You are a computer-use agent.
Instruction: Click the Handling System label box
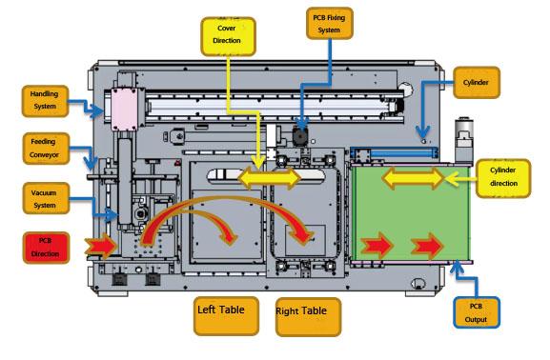pos(45,100)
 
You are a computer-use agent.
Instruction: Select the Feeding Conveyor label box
pos(45,149)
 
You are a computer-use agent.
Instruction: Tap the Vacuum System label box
pos(45,199)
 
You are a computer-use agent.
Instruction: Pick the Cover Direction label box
pos(226,34)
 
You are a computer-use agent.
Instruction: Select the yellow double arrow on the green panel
pos(413,178)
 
